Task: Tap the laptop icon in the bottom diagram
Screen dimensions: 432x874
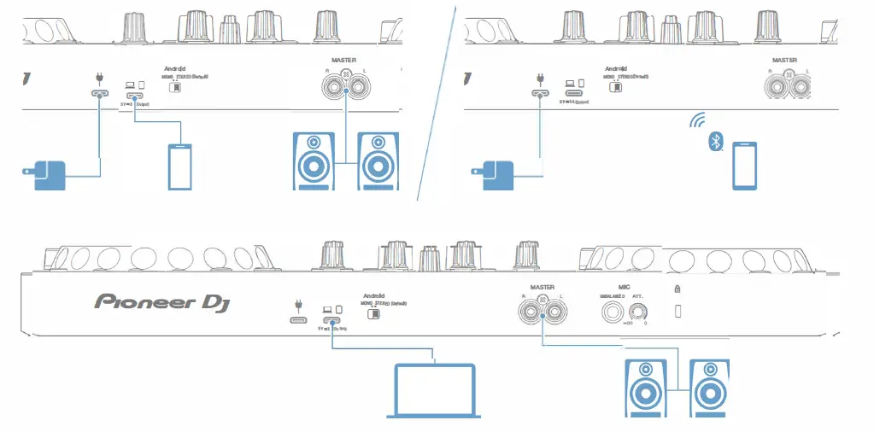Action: tap(433, 390)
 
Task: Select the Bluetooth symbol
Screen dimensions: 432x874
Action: tap(713, 142)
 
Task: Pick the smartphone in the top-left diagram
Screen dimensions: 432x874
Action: tap(179, 166)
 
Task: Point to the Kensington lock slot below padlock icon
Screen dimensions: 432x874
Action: tap(678, 312)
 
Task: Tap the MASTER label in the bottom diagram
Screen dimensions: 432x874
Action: tap(543, 288)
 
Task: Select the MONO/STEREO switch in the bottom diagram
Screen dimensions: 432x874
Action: tap(372, 313)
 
